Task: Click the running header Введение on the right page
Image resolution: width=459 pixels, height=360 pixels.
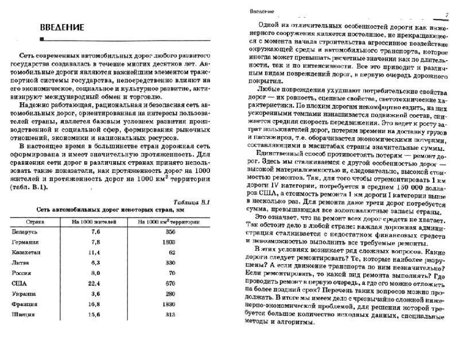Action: tap(262, 11)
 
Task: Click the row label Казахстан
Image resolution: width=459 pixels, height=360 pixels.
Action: tap(26, 252)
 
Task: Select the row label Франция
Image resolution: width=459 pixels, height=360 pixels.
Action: tap(24, 304)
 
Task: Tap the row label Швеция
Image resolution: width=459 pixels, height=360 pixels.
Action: tap(23, 315)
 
